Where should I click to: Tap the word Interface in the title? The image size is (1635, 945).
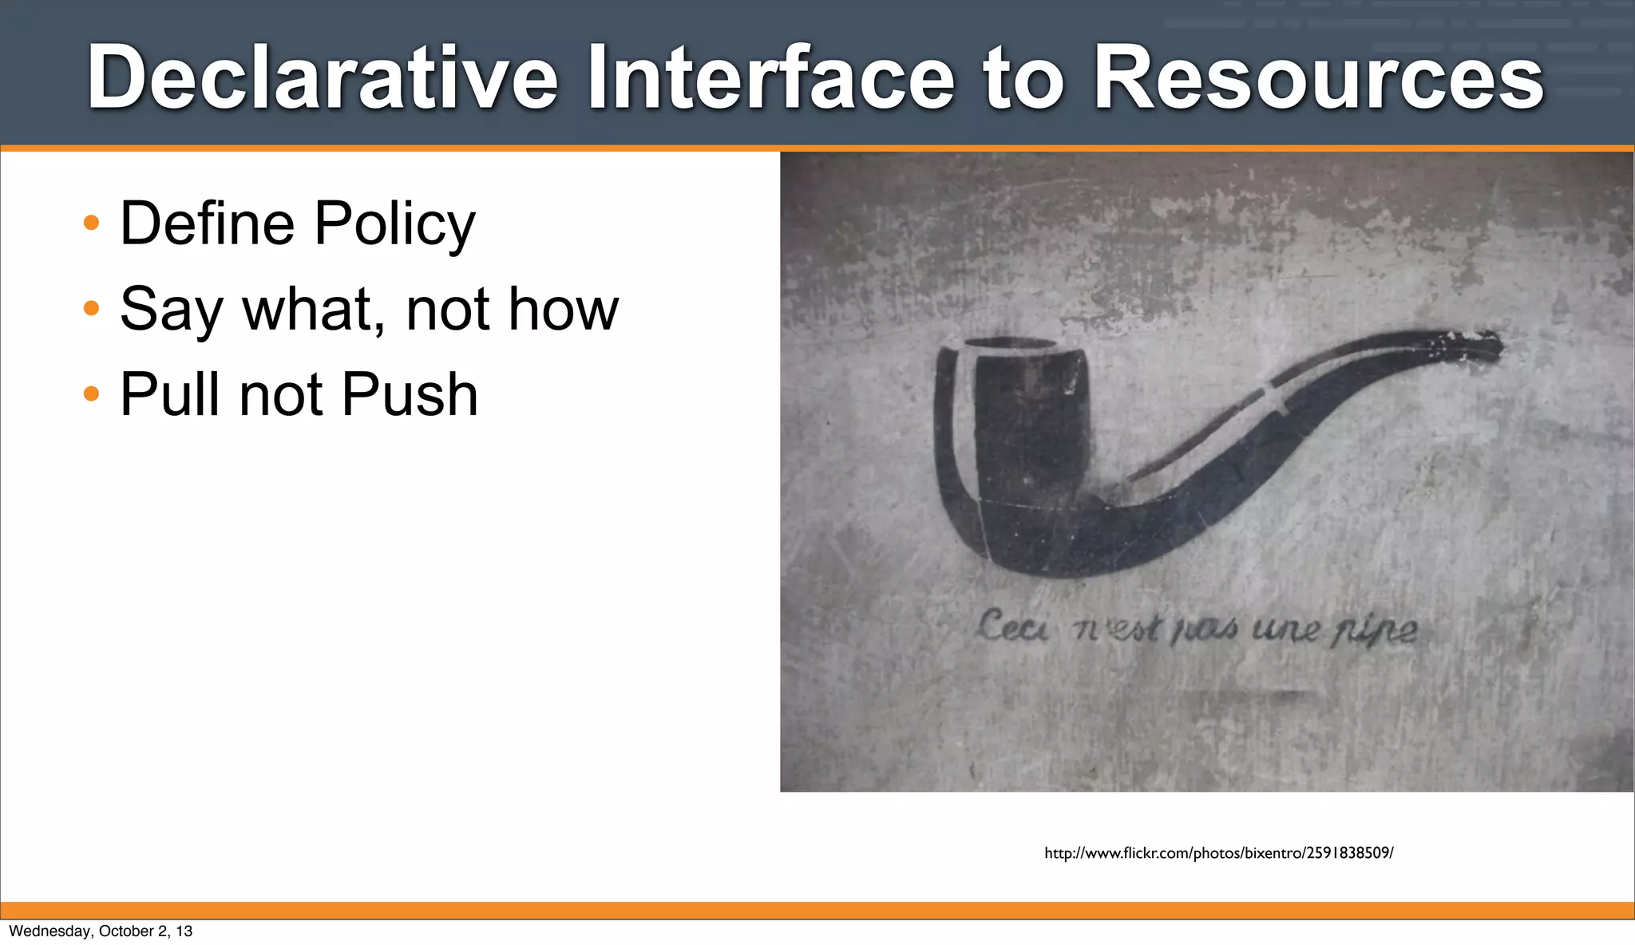pyautogui.click(x=770, y=77)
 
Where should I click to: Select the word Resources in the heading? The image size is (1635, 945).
pyautogui.click(x=1318, y=77)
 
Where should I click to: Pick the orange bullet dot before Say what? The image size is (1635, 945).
pyautogui.click(x=92, y=308)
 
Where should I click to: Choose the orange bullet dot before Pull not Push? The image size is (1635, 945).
pyautogui.click(x=92, y=393)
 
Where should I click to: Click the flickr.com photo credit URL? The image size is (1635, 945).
pyautogui.click(x=1218, y=853)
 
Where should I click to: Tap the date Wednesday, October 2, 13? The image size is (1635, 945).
pyautogui.click(x=101, y=931)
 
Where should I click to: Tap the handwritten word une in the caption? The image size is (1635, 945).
pyautogui.click(x=1285, y=631)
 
